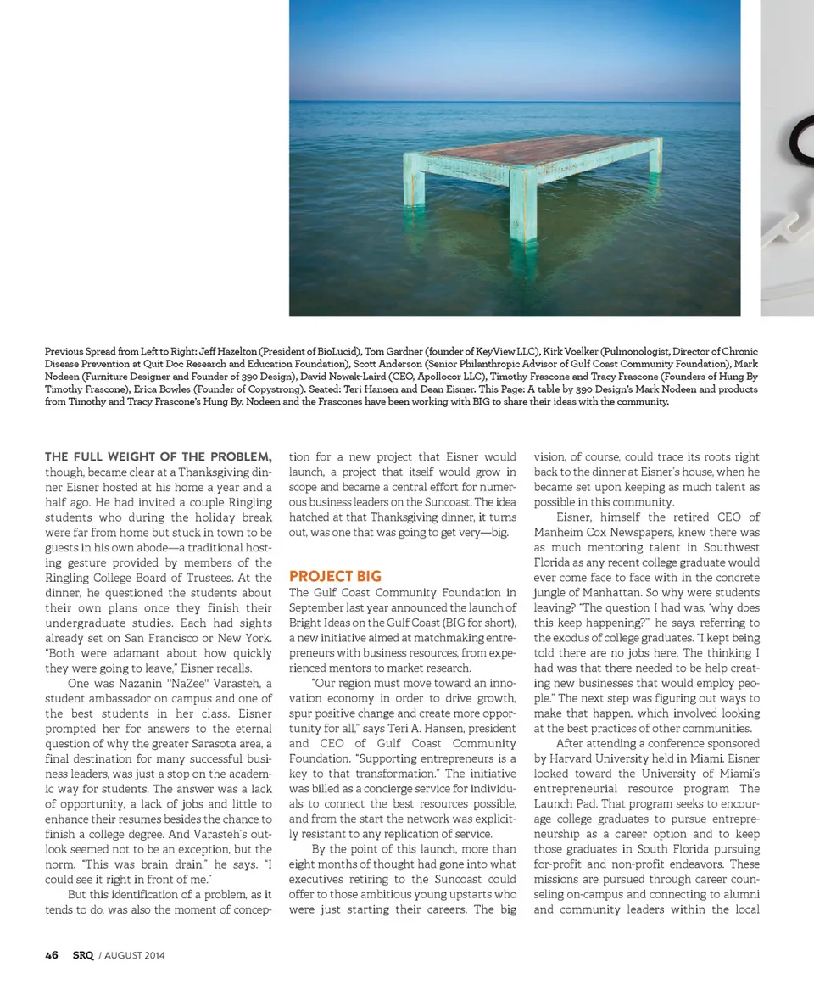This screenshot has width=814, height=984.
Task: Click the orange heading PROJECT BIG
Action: click(x=335, y=577)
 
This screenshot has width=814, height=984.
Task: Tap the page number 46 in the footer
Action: click(x=52, y=955)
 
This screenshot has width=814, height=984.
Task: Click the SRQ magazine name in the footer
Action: click(x=82, y=955)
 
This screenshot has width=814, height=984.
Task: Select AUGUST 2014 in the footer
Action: click(x=135, y=956)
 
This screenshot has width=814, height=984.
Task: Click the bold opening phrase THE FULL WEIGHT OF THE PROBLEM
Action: click(x=158, y=457)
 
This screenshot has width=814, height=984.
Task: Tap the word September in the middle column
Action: click(x=321, y=608)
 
